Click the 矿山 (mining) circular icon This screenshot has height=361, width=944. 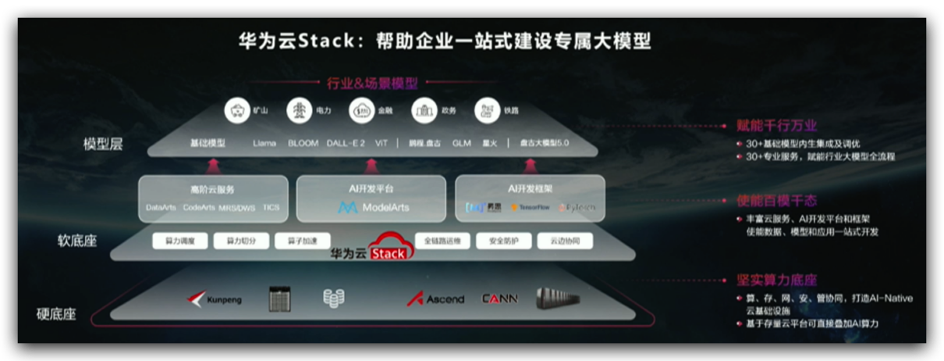pyautogui.click(x=236, y=110)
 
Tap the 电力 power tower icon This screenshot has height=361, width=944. pyautogui.click(x=299, y=110)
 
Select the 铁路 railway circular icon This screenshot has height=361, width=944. pyautogui.click(x=486, y=110)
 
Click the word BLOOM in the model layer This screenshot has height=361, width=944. pyautogui.click(x=303, y=144)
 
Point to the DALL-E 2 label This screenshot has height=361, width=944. pyautogui.click(x=346, y=144)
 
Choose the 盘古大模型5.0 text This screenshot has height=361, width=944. pyautogui.click(x=544, y=144)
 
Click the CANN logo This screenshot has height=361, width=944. pyautogui.click(x=499, y=298)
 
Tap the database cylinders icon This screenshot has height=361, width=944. pyautogui.click(x=334, y=298)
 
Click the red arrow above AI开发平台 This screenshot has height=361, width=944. pyautogui.click(x=371, y=165)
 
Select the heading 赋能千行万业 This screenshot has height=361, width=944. pyautogui.click(x=776, y=125)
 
